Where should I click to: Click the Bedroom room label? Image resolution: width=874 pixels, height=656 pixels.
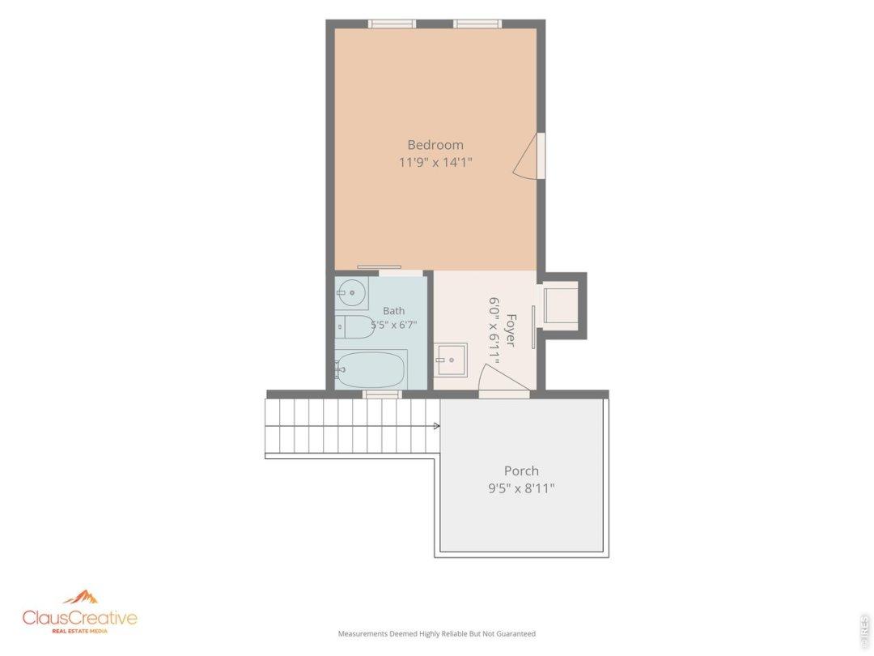tap(435, 145)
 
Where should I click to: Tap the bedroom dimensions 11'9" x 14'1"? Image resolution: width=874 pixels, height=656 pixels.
tap(435, 163)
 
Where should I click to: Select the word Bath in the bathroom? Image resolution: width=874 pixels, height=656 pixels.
tap(393, 311)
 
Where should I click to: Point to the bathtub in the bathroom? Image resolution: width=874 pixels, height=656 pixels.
tap(371, 369)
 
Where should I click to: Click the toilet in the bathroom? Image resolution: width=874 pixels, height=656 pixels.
tap(354, 327)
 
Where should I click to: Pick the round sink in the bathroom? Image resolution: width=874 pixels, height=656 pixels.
tap(351, 292)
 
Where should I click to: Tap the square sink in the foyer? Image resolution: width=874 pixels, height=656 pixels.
tap(451, 360)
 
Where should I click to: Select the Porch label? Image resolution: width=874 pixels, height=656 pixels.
tap(521, 471)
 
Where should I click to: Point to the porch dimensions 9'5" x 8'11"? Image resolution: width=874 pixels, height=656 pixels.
tap(521, 489)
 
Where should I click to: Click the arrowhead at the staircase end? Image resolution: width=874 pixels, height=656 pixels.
tap(437, 426)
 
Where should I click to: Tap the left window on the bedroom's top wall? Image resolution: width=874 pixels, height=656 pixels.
tap(392, 23)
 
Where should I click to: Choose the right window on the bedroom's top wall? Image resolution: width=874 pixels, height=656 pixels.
tap(477, 23)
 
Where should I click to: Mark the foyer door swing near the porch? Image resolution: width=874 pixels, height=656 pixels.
tap(504, 377)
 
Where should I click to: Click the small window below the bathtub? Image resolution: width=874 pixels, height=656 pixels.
tap(382, 394)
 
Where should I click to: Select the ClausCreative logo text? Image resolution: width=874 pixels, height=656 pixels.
tap(79, 617)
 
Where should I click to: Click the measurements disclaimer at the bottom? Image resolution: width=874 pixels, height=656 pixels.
tap(436, 633)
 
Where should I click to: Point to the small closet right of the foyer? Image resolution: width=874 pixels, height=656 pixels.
tap(561, 305)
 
